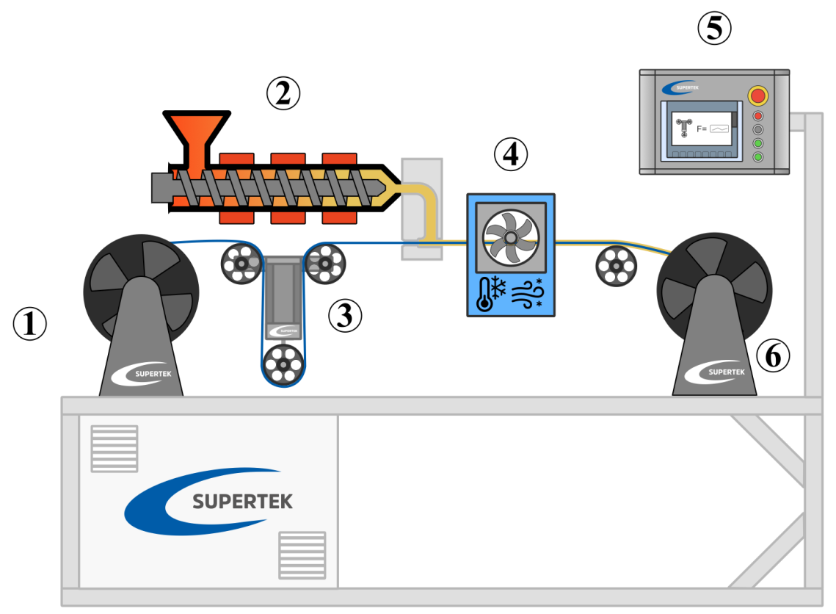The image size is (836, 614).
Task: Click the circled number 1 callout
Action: pyautogui.click(x=30, y=324)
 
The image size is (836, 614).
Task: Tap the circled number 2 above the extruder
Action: pyautogui.click(x=283, y=93)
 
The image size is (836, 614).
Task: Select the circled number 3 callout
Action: pyautogui.click(x=345, y=315)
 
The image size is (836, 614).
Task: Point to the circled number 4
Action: pyautogui.click(x=510, y=153)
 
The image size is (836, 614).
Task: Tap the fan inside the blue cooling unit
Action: pyautogui.click(x=510, y=234)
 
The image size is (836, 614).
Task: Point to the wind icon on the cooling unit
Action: pyautogui.click(x=527, y=292)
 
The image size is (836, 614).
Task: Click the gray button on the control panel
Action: pyautogui.click(x=758, y=129)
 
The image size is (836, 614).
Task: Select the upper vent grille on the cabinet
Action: pyautogui.click(x=115, y=448)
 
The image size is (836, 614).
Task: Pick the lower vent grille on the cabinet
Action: pyautogui.click(x=302, y=555)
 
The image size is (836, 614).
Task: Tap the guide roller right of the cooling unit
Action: pyautogui.click(x=617, y=264)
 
